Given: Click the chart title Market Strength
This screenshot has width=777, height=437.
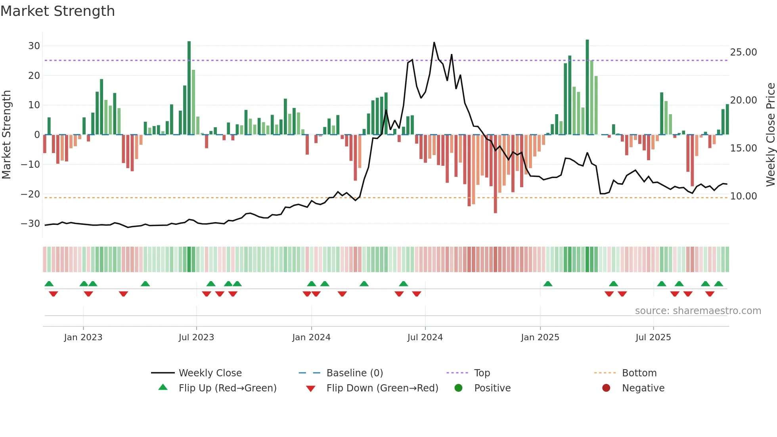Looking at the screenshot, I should pyautogui.click(x=57, y=11).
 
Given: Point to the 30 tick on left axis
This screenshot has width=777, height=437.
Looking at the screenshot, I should pyautogui.click(x=34, y=46).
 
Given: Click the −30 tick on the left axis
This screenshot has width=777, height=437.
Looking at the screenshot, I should pyautogui.click(x=31, y=224).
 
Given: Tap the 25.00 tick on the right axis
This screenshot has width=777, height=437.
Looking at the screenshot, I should pyautogui.click(x=743, y=52).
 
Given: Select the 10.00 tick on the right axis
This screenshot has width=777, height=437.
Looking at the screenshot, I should pyautogui.click(x=743, y=196).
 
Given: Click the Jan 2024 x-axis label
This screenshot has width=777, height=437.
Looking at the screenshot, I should pyautogui.click(x=311, y=337).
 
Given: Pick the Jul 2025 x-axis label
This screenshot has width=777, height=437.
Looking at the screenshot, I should pyautogui.click(x=653, y=337).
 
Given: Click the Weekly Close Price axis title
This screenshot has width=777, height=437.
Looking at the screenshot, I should pyautogui.click(x=770, y=135).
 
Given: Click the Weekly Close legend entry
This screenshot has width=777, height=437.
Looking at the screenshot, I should pyautogui.click(x=210, y=373).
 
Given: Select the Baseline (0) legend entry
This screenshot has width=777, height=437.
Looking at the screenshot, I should pyautogui.click(x=354, y=373).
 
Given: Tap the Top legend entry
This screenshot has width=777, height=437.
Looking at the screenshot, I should pyautogui.click(x=482, y=373).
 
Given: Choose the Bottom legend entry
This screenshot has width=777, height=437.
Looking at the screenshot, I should pyautogui.click(x=639, y=373).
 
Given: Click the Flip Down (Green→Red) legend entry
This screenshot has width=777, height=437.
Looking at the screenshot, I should pyautogui.click(x=382, y=388).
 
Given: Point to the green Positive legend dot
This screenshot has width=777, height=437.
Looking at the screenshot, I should pyautogui.click(x=458, y=388).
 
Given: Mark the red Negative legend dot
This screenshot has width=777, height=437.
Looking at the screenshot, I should pyautogui.click(x=606, y=388).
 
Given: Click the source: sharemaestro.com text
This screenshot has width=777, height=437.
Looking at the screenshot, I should pyautogui.click(x=698, y=311).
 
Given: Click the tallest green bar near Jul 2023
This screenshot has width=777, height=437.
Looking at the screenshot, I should pyautogui.click(x=189, y=87).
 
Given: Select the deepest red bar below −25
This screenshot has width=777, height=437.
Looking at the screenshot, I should pyautogui.click(x=495, y=174).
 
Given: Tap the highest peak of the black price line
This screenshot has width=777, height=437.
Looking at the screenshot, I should pyautogui.click(x=434, y=42).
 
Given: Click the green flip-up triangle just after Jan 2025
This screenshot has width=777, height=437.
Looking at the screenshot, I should pyautogui.click(x=548, y=284).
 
